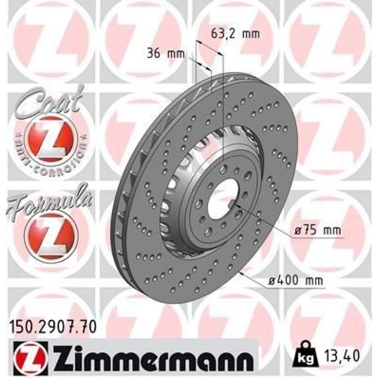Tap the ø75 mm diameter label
coord(317,230)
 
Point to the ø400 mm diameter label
coord(296,280)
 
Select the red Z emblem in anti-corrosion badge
coord(47,138)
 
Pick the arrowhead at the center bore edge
coord(236,206)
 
